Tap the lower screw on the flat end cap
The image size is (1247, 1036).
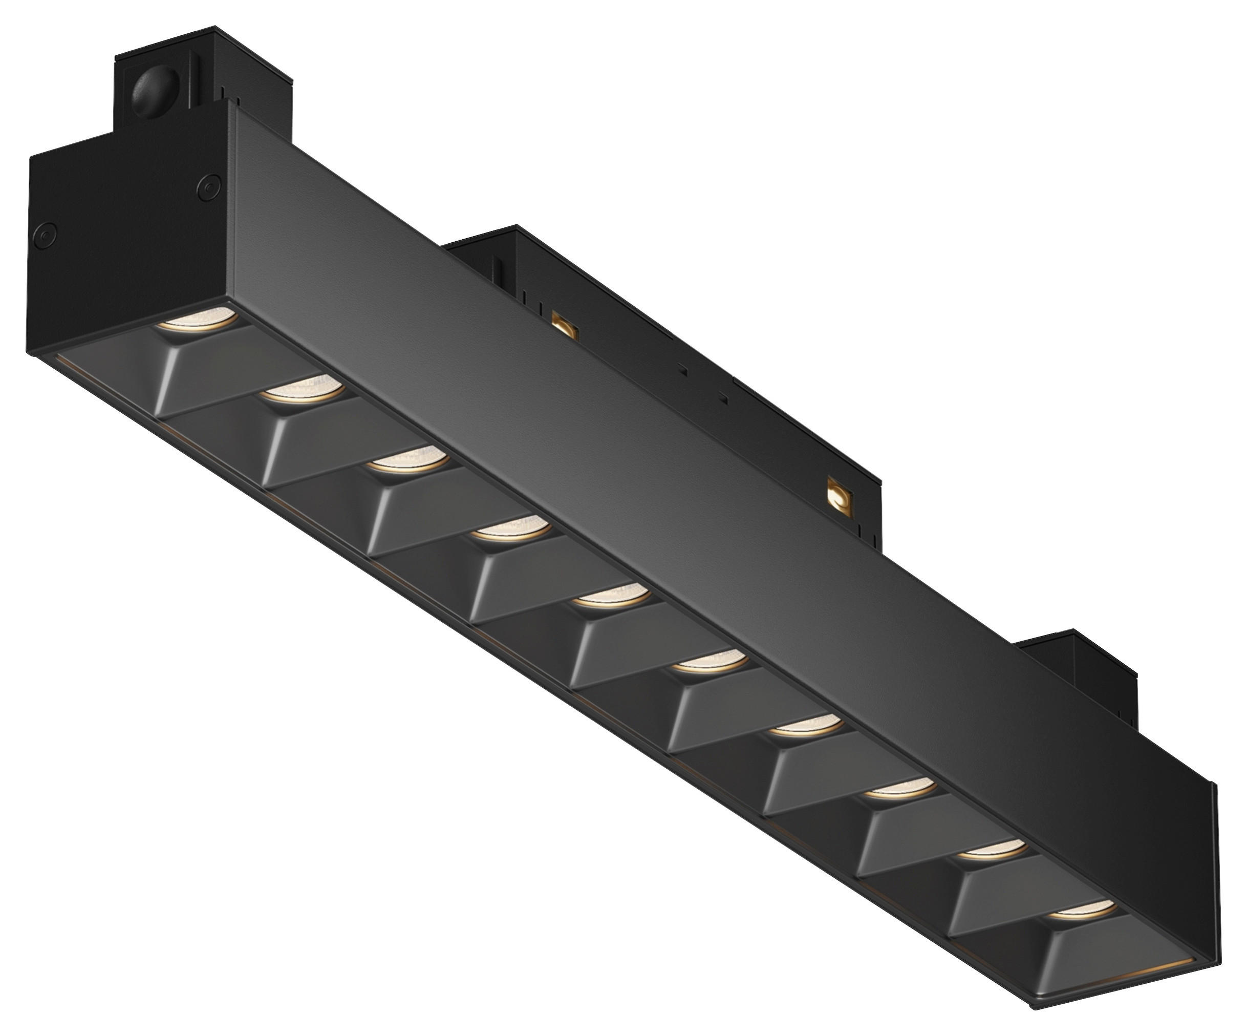point(45,235)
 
